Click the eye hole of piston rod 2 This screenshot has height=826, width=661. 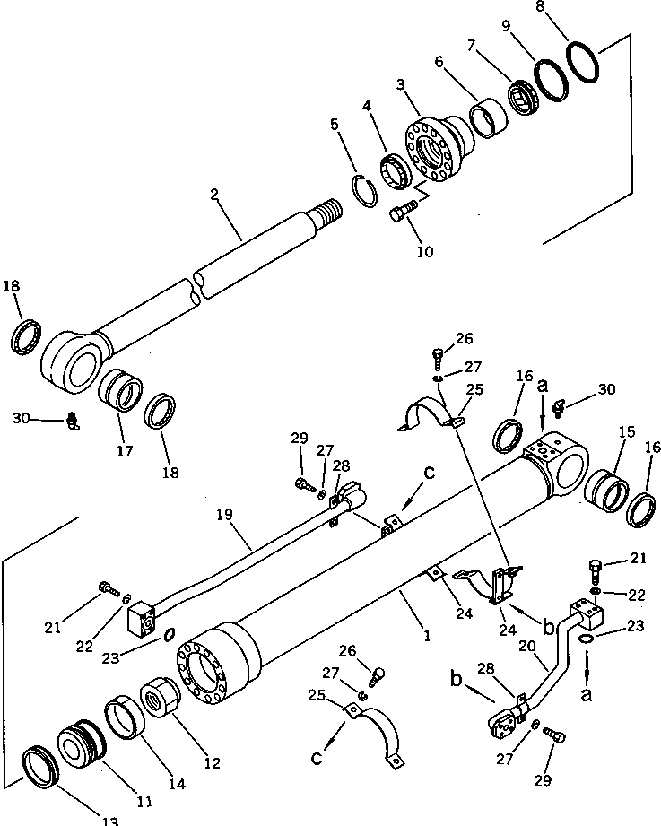click(x=74, y=362)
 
